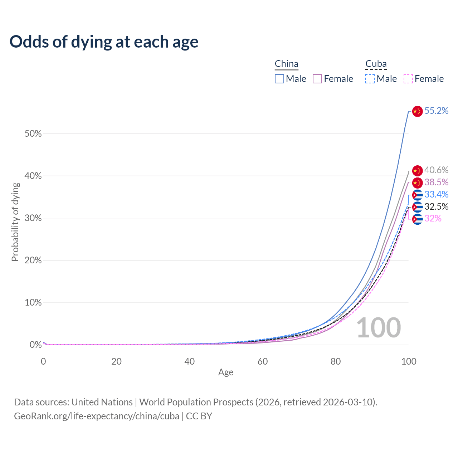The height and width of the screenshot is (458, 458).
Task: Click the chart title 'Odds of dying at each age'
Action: (x=104, y=42)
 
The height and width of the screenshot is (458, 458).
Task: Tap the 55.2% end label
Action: (x=436, y=111)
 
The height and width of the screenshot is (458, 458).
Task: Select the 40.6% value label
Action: (x=436, y=170)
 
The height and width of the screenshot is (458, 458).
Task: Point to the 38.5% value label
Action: (x=436, y=182)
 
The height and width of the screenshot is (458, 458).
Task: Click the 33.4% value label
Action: (x=436, y=195)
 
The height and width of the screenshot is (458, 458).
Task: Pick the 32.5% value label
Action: (x=436, y=207)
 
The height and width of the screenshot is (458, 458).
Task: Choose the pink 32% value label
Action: (x=433, y=219)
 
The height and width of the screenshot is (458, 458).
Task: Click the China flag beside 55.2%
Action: (x=417, y=111)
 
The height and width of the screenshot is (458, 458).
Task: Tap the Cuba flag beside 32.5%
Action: (x=417, y=207)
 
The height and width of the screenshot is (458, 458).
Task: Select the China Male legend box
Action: (x=279, y=79)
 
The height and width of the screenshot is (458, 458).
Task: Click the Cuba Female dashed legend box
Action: (x=408, y=79)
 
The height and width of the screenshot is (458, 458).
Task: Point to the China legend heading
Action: (x=286, y=64)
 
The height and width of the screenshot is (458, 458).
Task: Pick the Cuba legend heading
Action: (x=376, y=64)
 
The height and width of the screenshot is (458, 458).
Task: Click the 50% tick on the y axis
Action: (x=33, y=134)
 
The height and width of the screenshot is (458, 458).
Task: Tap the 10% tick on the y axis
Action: (x=33, y=303)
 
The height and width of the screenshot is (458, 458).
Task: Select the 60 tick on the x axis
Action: (x=263, y=361)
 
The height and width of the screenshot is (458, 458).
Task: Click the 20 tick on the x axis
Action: (x=116, y=361)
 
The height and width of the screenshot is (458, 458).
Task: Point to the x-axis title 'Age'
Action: (x=226, y=372)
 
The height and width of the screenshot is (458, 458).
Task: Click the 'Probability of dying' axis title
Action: (x=15, y=222)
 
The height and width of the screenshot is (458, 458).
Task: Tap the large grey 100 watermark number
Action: (x=379, y=328)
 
